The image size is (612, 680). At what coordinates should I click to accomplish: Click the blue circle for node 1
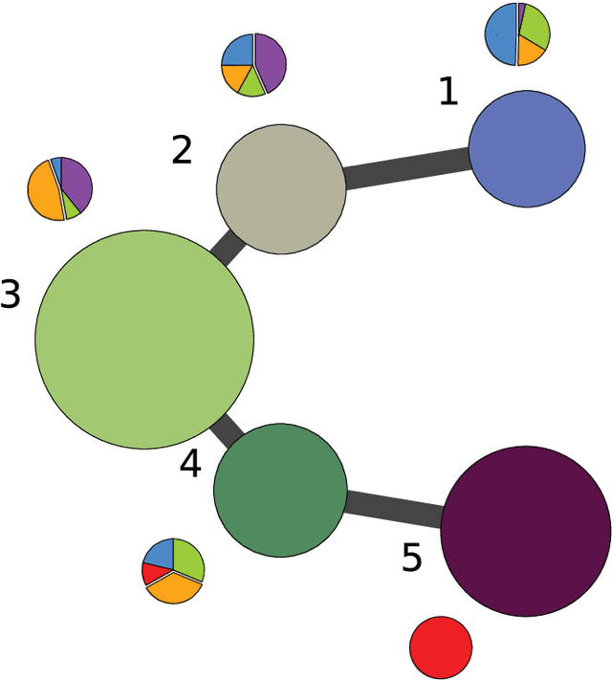[x=527, y=148]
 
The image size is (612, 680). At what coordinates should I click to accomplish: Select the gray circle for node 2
[x=280, y=188]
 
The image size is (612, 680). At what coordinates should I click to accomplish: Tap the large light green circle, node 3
[x=144, y=339]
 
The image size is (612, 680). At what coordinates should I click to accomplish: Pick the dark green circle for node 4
[x=279, y=491]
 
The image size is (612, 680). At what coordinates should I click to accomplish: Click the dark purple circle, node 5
[x=525, y=530]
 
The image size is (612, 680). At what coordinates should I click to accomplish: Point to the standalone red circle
[x=441, y=647]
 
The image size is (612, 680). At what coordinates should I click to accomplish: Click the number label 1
[x=448, y=92]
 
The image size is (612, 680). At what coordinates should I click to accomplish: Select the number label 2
[x=182, y=150]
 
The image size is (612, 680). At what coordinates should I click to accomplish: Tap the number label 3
[x=11, y=296]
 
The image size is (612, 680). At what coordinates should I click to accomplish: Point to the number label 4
[x=190, y=465]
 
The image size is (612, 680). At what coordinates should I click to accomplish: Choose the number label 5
[x=411, y=559]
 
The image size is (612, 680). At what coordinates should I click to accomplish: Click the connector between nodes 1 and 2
[x=406, y=169]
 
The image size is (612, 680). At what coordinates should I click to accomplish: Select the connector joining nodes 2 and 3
[x=229, y=247]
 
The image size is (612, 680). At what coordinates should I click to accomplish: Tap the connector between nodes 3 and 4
[x=227, y=431]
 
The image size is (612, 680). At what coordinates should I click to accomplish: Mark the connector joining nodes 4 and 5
[x=393, y=507]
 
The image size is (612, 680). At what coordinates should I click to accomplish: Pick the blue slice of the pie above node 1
[x=500, y=35]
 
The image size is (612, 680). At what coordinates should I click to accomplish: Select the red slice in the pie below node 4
[x=151, y=573]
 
